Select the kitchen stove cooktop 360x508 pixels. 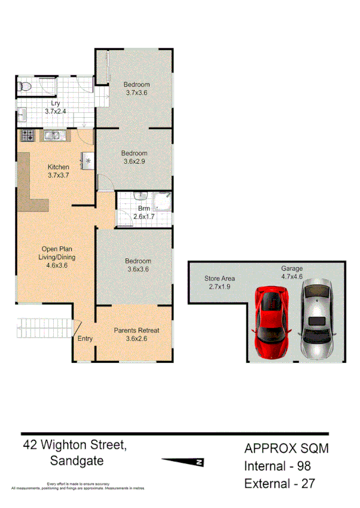[x=28, y=136]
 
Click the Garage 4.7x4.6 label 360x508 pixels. [x=292, y=273]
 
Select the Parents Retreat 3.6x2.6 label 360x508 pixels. [x=136, y=334]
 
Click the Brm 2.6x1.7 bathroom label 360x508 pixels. [x=144, y=213]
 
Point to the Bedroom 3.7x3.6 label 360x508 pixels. [x=137, y=88]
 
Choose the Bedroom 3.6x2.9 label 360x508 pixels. [x=134, y=157]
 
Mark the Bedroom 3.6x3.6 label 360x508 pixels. [x=138, y=265]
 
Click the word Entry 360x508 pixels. [x=85, y=339]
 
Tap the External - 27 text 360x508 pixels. [x=279, y=483]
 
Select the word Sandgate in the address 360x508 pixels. [x=77, y=461]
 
